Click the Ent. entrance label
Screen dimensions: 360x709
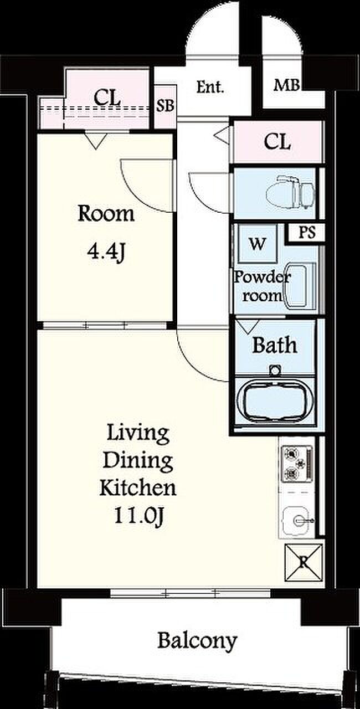coord(210,87)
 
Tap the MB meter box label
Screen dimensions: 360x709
coord(286,85)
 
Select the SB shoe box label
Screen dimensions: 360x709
coord(165,106)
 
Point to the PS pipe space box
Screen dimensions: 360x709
coord(307,233)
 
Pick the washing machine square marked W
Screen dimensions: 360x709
coord(258,243)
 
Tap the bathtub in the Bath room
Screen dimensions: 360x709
coord(275,402)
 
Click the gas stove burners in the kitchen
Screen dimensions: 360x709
coord(296,464)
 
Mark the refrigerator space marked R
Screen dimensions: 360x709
coord(304,562)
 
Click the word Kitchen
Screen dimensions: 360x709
coord(138,487)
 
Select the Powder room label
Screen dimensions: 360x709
coord(263,287)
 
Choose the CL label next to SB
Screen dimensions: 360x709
coord(107,97)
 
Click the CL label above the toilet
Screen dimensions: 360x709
coord(277,141)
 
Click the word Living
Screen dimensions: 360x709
coord(138,433)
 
